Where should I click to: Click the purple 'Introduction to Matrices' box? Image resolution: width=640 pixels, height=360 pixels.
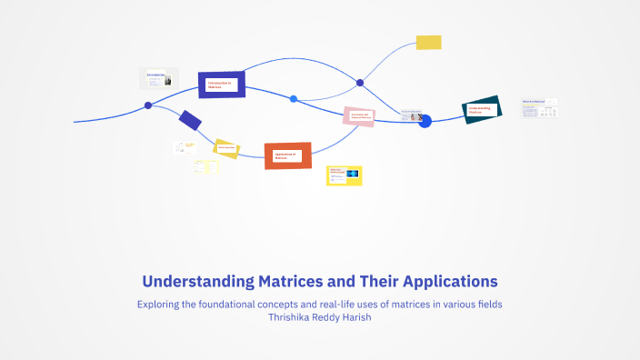tap(222, 85)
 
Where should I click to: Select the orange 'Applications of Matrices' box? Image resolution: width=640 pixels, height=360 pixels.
tap(288, 155)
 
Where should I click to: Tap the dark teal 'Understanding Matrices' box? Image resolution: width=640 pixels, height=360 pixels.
tap(482, 110)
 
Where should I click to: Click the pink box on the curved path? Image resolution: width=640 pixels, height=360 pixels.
tap(359, 116)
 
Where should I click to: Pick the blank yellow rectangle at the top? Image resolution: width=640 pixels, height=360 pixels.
tap(428, 42)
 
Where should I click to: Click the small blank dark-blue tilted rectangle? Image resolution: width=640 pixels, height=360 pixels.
tap(191, 120)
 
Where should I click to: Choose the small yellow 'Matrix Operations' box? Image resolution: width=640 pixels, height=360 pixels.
tap(226, 148)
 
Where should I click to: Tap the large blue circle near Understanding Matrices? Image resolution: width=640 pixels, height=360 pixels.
tap(425, 122)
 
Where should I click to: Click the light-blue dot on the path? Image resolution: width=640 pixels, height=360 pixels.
tap(294, 98)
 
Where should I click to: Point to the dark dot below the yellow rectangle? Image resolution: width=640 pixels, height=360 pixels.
tap(360, 83)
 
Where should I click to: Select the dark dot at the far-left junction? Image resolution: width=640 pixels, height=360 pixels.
tap(148, 105)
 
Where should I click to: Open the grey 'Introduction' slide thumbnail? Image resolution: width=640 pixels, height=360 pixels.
tap(159, 79)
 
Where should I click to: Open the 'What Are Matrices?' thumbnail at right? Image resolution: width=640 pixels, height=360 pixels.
tap(539, 109)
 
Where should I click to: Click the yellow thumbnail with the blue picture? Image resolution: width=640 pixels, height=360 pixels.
tap(345, 175)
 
